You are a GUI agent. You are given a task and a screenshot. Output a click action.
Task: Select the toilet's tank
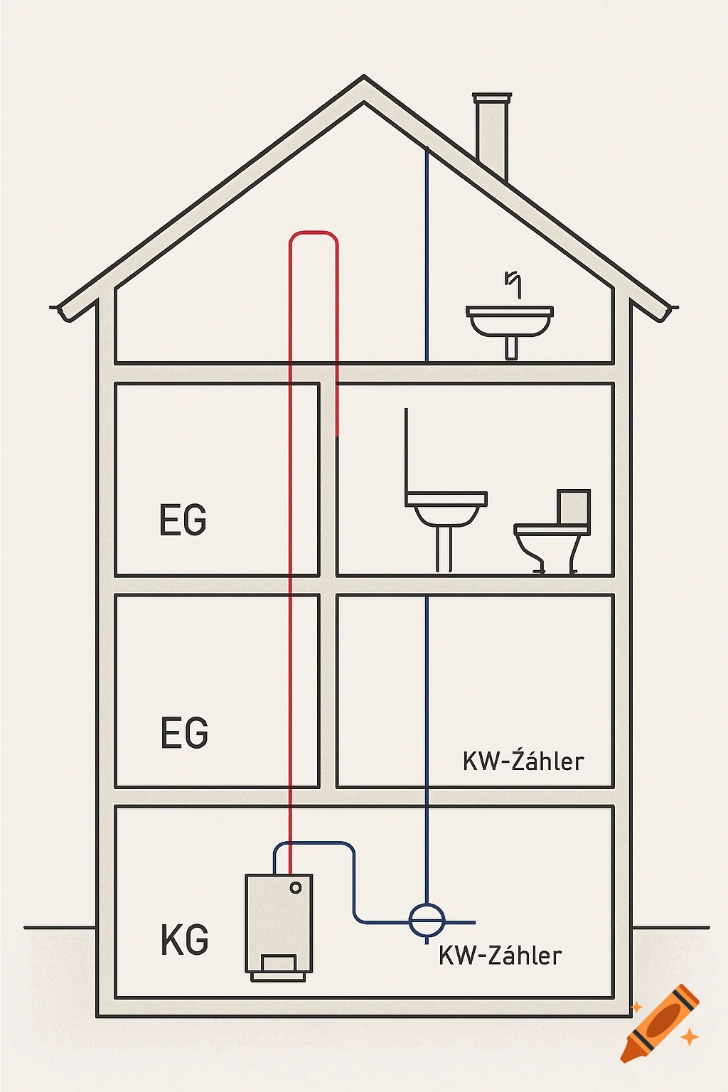tap(574, 507)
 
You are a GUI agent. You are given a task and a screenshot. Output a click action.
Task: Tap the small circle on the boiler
tap(296, 888)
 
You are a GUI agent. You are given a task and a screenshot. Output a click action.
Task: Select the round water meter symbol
tap(427, 921)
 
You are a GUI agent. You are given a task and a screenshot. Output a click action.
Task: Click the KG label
tap(185, 940)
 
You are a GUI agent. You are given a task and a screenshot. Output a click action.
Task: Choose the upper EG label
tap(183, 520)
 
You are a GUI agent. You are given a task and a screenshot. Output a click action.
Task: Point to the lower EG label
tap(184, 733)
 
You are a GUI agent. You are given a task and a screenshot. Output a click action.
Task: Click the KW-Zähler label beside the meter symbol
tap(500, 955)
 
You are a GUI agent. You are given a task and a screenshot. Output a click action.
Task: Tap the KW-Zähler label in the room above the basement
tap(523, 761)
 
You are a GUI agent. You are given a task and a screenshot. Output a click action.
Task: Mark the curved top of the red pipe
tap(314, 233)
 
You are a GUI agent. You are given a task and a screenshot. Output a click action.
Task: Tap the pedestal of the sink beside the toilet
tap(444, 547)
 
